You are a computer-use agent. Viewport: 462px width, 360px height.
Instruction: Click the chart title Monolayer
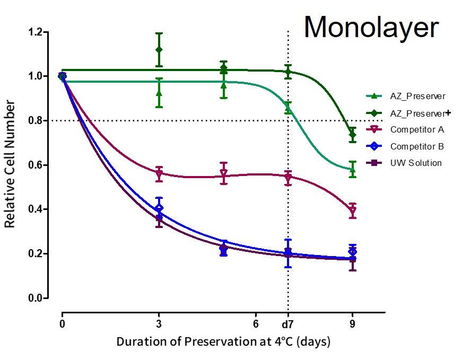click(371, 28)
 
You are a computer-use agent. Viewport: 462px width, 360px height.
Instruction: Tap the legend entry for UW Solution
click(415, 163)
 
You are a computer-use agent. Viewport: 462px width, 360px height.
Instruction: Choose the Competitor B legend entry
click(416, 146)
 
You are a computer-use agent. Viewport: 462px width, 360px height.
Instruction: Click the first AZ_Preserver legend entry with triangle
click(417, 96)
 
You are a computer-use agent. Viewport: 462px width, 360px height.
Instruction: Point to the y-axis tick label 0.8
click(36, 121)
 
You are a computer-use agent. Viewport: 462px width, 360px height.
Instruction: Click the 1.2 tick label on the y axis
click(36, 32)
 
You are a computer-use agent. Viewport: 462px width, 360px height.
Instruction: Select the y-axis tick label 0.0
click(36, 298)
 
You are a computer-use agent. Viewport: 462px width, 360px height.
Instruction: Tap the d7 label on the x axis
click(288, 323)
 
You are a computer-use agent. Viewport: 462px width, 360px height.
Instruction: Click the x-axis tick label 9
click(353, 323)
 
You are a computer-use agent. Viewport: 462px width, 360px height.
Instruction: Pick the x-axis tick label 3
click(159, 323)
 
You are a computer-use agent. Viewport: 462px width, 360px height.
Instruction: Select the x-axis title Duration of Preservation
click(223, 341)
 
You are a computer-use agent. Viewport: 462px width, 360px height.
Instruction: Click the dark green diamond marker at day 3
click(159, 50)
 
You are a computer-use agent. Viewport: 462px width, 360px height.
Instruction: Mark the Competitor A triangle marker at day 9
click(353, 211)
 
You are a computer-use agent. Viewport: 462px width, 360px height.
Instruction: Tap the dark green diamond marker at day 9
click(353, 135)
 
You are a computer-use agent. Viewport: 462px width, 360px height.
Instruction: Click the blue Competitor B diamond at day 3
click(159, 208)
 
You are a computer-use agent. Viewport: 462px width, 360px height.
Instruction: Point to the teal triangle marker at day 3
click(159, 93)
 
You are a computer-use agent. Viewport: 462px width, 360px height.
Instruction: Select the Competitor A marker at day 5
click(223, 174)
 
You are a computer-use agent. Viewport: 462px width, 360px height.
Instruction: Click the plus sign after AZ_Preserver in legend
click(448, 112)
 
